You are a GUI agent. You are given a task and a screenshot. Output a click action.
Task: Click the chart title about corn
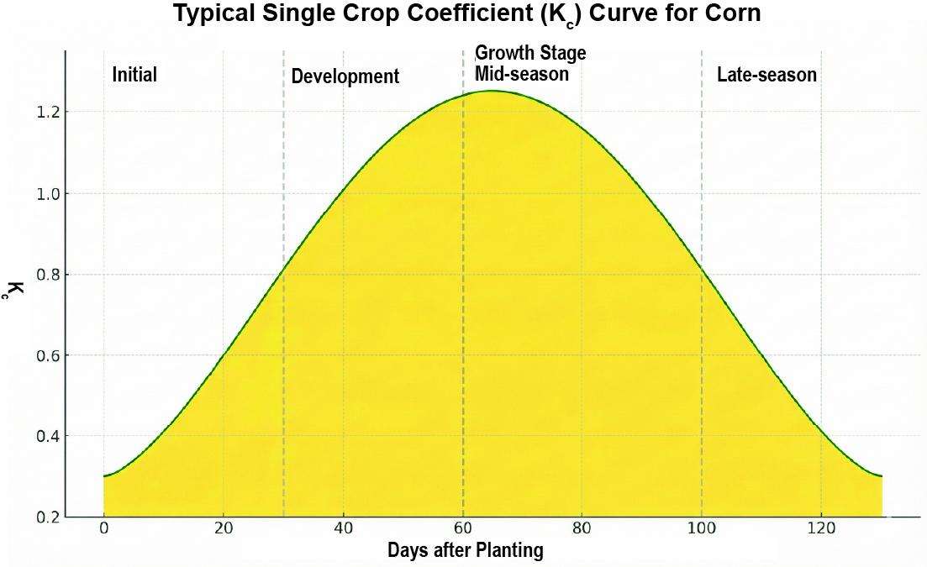point(466,14)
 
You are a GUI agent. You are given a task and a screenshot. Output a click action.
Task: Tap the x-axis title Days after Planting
point(465,551)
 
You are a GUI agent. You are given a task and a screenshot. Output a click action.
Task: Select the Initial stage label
point(134,75)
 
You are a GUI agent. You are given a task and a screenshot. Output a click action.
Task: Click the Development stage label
point(345,76)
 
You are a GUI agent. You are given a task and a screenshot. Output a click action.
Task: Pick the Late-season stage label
point(766,75)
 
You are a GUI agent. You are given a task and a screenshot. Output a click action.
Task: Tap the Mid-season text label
point(522,74)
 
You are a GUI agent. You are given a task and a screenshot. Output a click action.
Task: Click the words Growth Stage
point(530,53)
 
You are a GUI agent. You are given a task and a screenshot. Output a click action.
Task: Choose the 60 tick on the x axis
point(463,529)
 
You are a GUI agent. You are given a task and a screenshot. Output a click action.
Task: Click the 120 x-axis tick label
point(821,529)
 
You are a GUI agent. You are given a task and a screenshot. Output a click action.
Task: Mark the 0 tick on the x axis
point(104,529)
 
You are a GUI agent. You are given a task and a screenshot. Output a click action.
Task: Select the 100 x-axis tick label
point(702,529)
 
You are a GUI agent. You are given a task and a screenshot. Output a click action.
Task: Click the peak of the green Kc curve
point(492,91)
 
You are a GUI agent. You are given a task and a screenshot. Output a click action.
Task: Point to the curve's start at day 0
point(104,476)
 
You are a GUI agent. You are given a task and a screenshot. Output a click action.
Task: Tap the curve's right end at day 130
point(881,476)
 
